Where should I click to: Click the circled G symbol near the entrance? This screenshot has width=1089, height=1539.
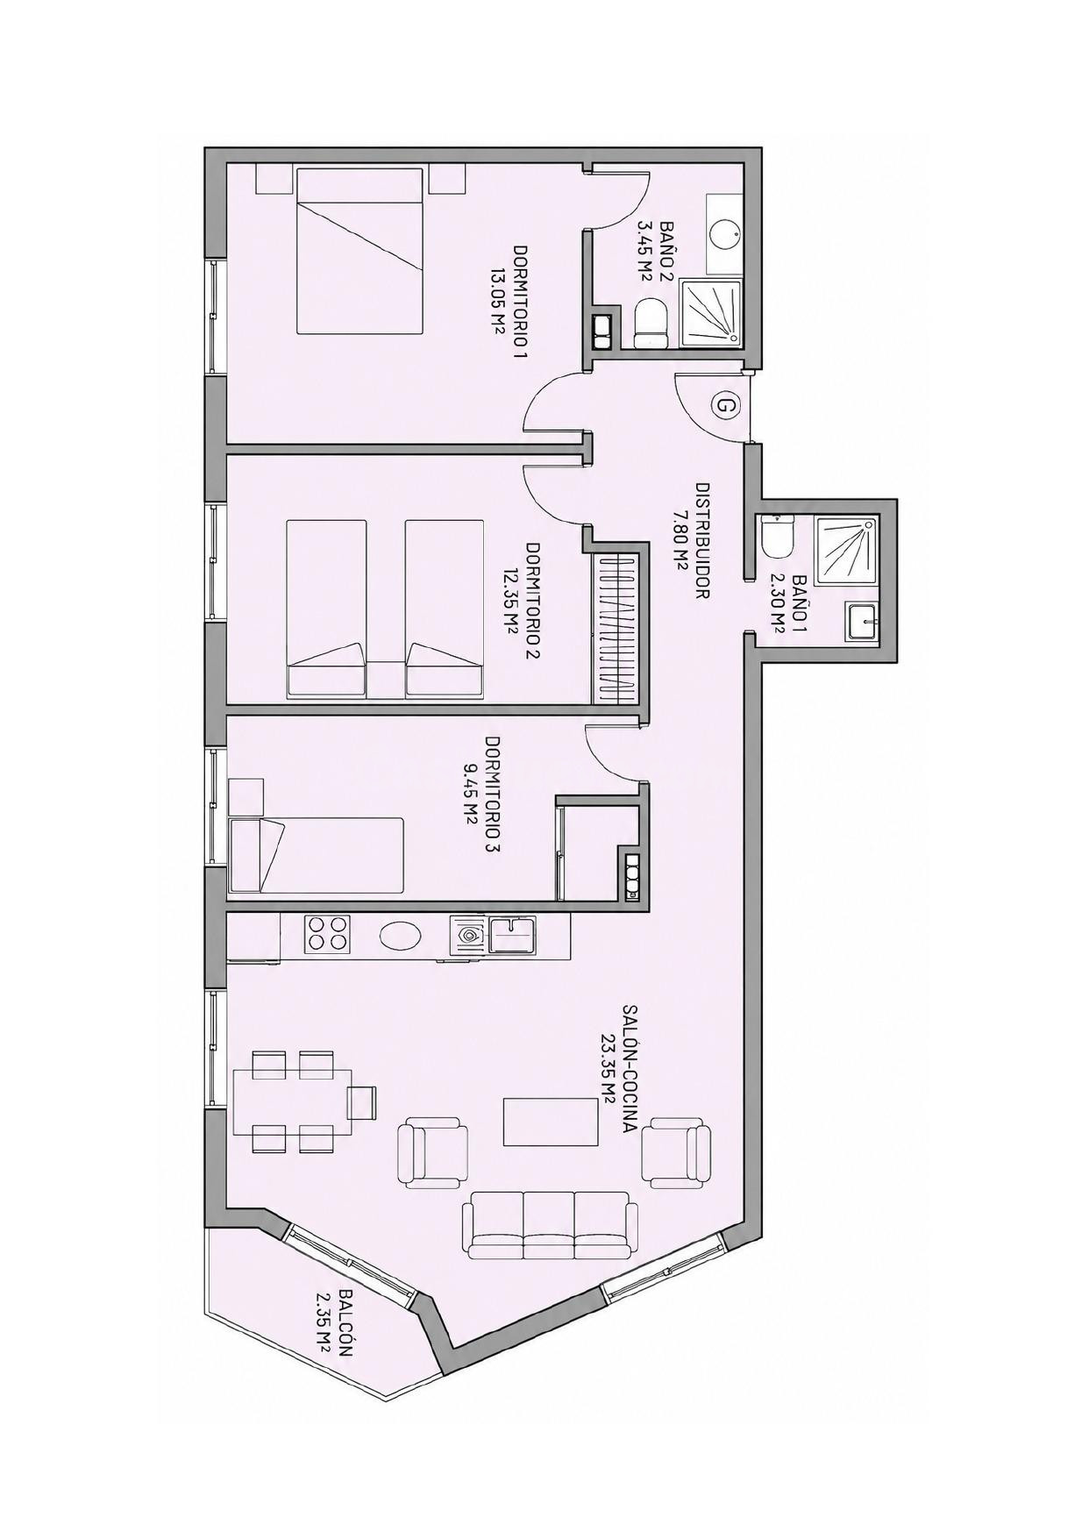725,406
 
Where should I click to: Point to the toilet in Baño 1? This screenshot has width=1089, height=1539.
776,537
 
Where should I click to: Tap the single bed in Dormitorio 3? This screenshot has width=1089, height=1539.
316,856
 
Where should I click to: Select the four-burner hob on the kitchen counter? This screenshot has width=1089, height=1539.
326,934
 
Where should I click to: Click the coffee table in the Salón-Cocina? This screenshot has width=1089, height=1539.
552,1122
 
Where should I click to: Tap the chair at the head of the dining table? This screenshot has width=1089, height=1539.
361,1102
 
